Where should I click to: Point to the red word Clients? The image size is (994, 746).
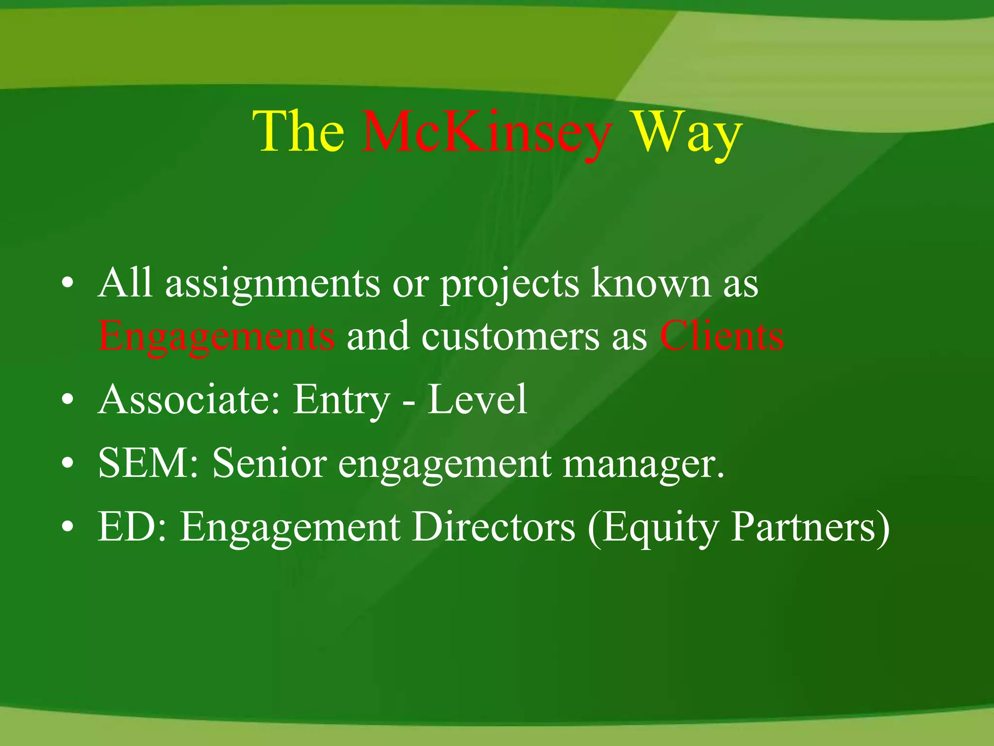722,336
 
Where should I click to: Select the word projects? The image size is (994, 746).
510,284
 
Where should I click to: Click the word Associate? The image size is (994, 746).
189,399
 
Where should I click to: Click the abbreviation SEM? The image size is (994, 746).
149,463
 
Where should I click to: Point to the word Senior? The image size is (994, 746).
269,463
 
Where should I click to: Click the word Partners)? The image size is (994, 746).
811,527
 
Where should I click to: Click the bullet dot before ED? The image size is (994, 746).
68,527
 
